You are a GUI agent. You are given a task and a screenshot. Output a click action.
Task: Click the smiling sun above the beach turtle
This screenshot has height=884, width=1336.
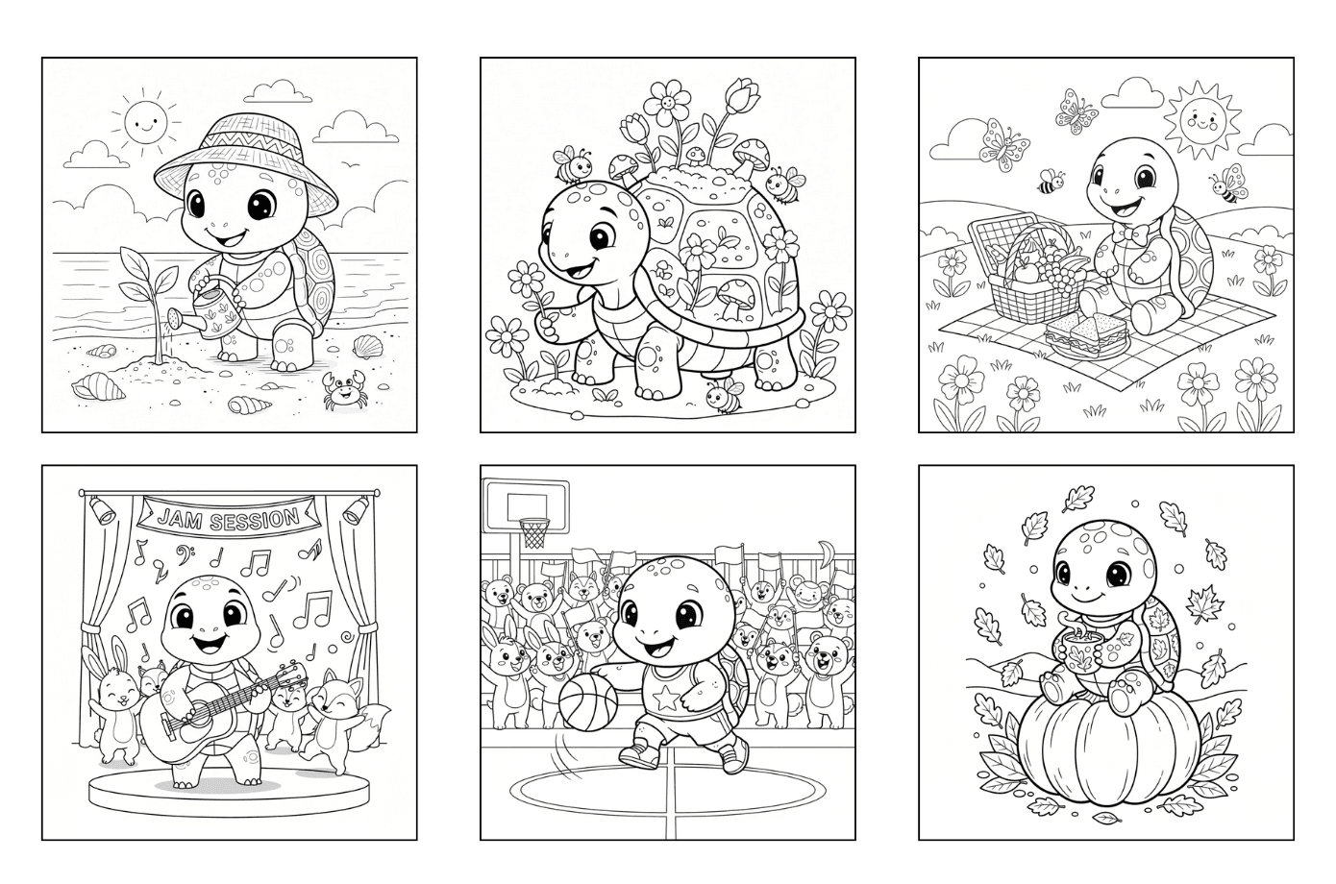tap(144, 122)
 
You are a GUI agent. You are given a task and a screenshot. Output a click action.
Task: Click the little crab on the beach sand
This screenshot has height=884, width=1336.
tap(344, 390)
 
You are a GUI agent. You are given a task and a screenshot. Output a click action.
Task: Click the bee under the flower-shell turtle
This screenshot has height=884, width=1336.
tap(724, 395)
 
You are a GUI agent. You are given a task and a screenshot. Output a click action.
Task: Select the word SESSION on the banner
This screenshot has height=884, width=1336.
tap(253, 520)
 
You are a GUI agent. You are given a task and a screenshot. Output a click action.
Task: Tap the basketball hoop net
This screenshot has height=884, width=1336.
tap(534, 533)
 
